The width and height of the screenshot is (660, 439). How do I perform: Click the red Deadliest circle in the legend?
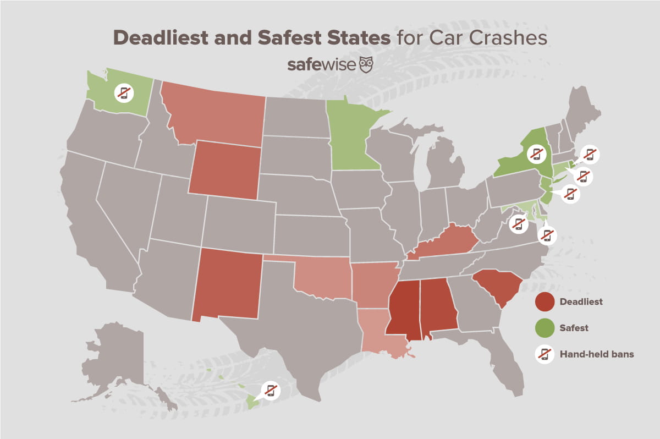pos(544,301)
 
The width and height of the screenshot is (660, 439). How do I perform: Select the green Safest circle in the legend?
pos(544,328)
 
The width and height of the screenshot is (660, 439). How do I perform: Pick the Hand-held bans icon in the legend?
pos(544,354)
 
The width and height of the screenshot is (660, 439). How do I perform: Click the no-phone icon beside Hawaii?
pos(270,390)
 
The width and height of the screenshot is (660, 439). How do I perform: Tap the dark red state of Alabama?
pos(438,308)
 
